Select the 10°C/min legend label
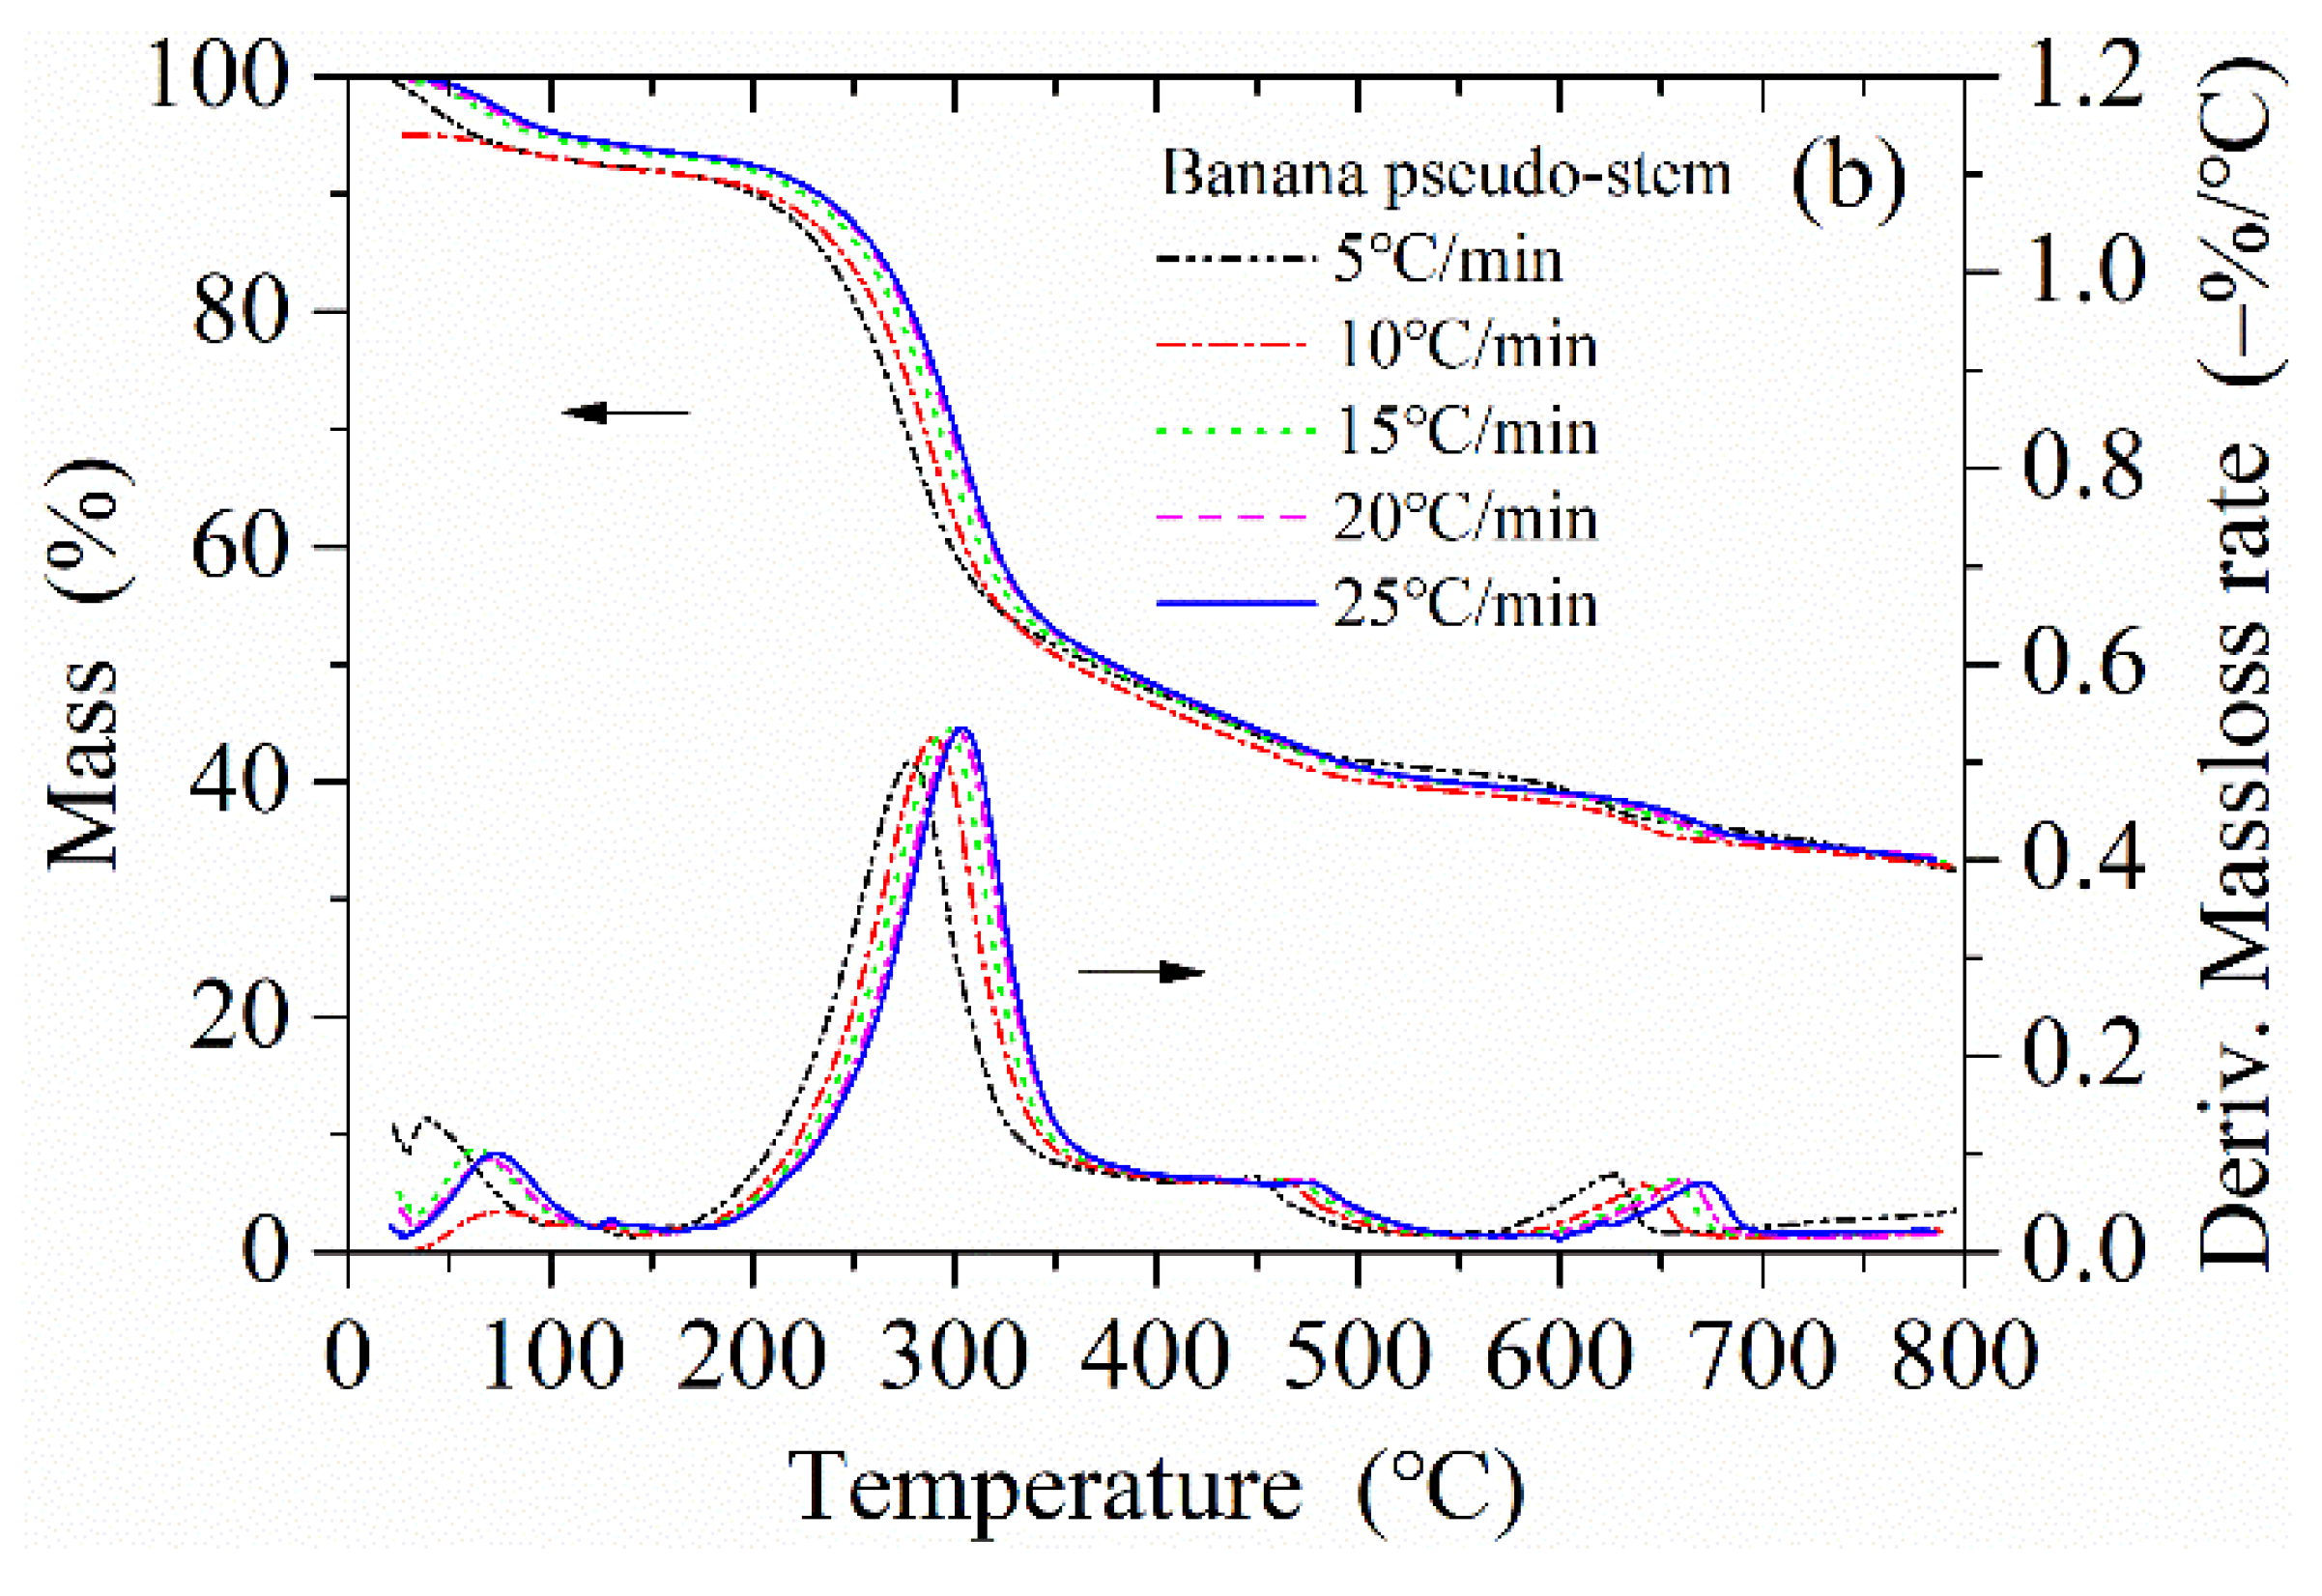click(x=1465, y=345)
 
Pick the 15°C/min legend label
click(x=1465, y=432)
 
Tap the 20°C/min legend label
click(x=1465, y=518)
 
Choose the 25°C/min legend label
click(x=1465, y=605)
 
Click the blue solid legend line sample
click(x=1235, y=603)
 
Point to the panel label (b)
click(x=1847, y=178)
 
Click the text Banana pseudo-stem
click(x=1445, y=174)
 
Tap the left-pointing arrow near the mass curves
click(x=625, y=412)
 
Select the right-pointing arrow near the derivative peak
click(x=1140, y=971)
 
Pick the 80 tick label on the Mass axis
click(x=235, y=311)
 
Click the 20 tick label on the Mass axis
click(x=235, y=1017)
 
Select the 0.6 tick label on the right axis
click(x=2083, y=664)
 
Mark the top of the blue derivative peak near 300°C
click(x=961, y=728)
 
